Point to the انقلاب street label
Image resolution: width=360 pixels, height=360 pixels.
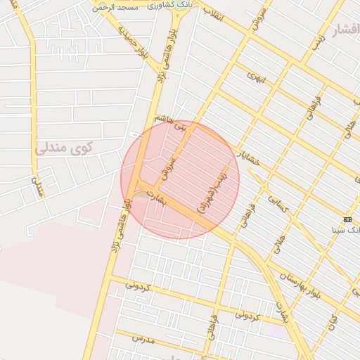[x=212, y=14]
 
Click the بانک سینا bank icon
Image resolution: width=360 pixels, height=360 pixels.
[x=348, y=220]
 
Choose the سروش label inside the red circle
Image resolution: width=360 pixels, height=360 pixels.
[x=167, y=164]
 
